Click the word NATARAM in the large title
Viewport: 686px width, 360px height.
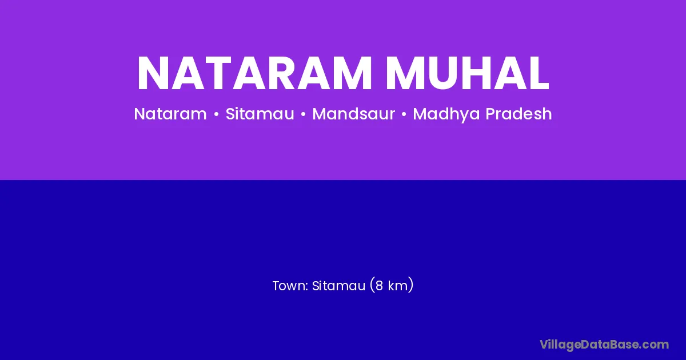click(x=255, y=73)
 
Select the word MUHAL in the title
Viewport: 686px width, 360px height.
click(x=468, y=74)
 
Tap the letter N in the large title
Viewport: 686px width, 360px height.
click(x=153, y=73)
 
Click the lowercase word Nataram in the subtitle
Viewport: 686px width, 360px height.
click(x=170, y=114)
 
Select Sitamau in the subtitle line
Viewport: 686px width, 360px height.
click(x=260, y=114)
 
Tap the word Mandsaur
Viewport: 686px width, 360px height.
click(x=353, y=114)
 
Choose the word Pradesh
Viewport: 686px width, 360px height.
click(x=519, y=114)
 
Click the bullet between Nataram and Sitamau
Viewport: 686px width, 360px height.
click(x=217, y=114)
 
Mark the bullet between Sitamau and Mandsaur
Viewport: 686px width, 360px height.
click(x=303, y=114)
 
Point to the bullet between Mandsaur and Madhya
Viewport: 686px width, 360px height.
click(x=404, y=114)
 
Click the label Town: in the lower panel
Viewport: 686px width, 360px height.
click(x=290, y=286)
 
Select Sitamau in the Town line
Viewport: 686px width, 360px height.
click(x=338, y=286)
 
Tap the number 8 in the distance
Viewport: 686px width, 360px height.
click(x=379, y=286)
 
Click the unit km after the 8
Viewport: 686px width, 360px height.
click(x=398, y=286)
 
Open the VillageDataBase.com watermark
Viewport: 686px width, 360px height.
click(x=604, y=345)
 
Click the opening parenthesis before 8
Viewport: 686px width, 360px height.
click(x=372, y=286)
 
